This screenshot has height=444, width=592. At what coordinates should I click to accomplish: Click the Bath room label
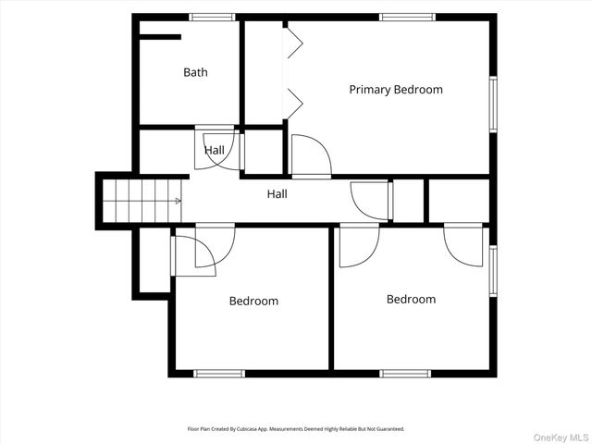[195, 72]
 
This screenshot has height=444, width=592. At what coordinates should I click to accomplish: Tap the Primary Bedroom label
[396, 90]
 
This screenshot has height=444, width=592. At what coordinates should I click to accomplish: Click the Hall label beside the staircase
[277, 194]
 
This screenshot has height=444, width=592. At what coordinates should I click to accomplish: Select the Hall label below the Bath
[215, 150]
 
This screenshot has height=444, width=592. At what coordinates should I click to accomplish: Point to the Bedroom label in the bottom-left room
[253, 301]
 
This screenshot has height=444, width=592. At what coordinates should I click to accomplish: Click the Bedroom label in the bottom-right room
[411, 300]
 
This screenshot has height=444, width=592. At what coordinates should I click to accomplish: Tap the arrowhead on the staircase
[179, 201]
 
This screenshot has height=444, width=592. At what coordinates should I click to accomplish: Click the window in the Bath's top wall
[212, 17]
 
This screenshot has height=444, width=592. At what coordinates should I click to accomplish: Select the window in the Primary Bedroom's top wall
[407, 17]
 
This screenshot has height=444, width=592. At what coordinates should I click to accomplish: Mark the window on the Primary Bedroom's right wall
[493, 105]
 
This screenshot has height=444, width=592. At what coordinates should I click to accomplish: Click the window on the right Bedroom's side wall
[493, 271]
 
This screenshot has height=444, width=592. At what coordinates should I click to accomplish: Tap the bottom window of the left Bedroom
[219, 374]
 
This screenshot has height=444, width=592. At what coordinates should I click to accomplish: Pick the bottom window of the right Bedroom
[405, 374]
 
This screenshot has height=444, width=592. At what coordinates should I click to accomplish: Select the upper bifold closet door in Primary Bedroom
[295, 43]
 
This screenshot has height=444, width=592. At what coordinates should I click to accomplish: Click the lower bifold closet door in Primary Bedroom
[295, 104]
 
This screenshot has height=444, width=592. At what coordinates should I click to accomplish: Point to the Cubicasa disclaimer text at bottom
[296, 429]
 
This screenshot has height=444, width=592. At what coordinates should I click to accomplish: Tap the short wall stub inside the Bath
[160, 37]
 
